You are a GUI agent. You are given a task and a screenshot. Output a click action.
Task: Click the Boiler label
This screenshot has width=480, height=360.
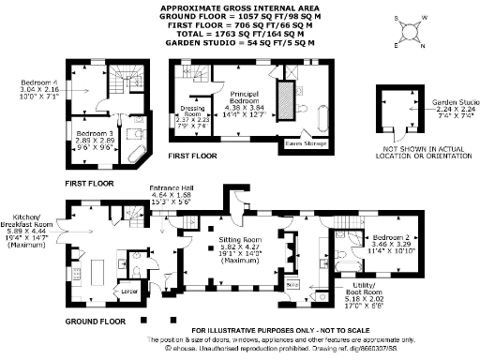click(292, 283)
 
